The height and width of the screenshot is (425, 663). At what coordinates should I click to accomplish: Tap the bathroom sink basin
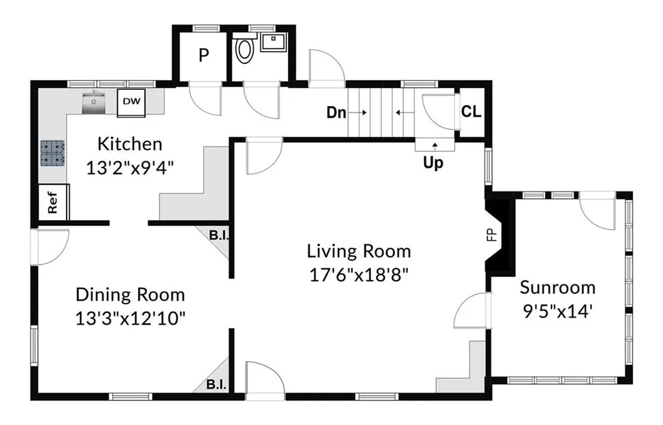(273, 42)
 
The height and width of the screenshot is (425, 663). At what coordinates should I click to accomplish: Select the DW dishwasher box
(131, 102)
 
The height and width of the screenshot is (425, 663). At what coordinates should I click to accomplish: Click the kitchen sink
(94, 102)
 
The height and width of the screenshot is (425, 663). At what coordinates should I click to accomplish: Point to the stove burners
(53, 153)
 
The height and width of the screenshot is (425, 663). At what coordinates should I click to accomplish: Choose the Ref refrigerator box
(53, 202)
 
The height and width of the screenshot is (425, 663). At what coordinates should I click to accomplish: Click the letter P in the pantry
(204, 56)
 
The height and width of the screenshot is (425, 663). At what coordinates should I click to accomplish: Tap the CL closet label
(471, 111)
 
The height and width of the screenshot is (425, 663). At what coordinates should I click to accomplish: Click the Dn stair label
(337, 113)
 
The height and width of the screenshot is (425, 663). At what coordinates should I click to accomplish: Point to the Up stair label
(433, 162)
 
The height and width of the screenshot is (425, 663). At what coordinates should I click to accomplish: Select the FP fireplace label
(491, 235)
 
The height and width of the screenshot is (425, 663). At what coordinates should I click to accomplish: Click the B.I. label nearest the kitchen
(219, 235)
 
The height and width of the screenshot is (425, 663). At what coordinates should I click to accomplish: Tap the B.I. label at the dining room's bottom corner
(216, 385)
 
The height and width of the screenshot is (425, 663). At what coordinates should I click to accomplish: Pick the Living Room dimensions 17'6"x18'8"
(359, 275)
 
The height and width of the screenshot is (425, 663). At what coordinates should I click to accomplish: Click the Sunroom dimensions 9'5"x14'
(557, 312)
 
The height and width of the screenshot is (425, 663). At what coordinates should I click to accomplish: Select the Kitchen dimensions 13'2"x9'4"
(130, 168)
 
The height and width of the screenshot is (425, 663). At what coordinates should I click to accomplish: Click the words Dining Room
(130, 295)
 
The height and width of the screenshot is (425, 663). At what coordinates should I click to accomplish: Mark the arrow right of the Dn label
(357, 113)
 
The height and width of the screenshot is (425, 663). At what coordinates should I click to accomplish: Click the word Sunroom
(557, 288)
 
